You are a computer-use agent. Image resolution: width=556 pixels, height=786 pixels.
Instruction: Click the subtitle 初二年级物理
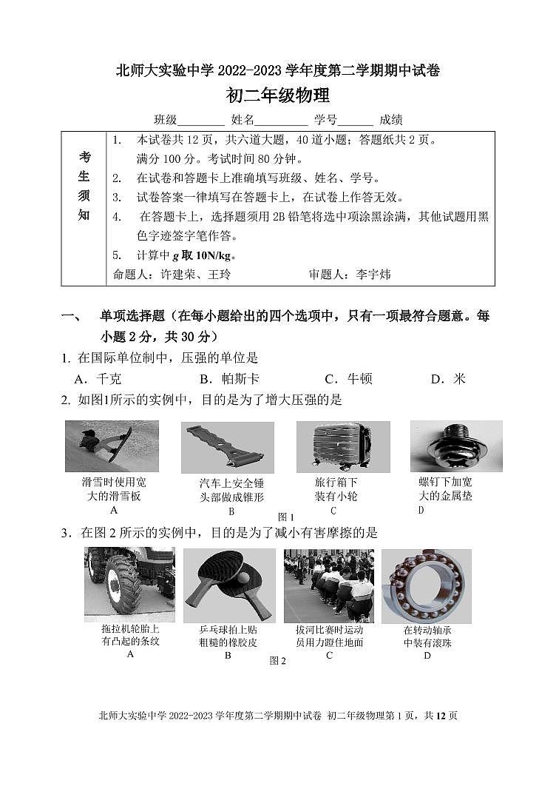click(277, 96)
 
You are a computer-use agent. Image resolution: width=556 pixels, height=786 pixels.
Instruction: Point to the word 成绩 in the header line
click(391, 120)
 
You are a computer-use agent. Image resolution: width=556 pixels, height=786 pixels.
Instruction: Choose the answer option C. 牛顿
click(348, 379)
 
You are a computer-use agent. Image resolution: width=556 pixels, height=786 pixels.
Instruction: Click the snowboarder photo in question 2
click(112, 446)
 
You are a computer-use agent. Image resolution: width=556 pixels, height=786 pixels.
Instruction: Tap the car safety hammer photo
click(227, 448)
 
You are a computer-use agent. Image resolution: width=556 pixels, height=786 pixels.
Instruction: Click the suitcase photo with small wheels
click(342, 446)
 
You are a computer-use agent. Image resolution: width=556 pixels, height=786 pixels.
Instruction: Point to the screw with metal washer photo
click(456, 446)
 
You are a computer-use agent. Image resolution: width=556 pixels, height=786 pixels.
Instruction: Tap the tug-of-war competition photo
click(329, 585)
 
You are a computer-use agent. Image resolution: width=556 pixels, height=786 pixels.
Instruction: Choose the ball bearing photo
click(427, 585)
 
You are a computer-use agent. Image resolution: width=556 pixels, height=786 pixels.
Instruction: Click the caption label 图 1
click(285, 517)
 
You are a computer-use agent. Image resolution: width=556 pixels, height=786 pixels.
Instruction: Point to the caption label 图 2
click(277, 661)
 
